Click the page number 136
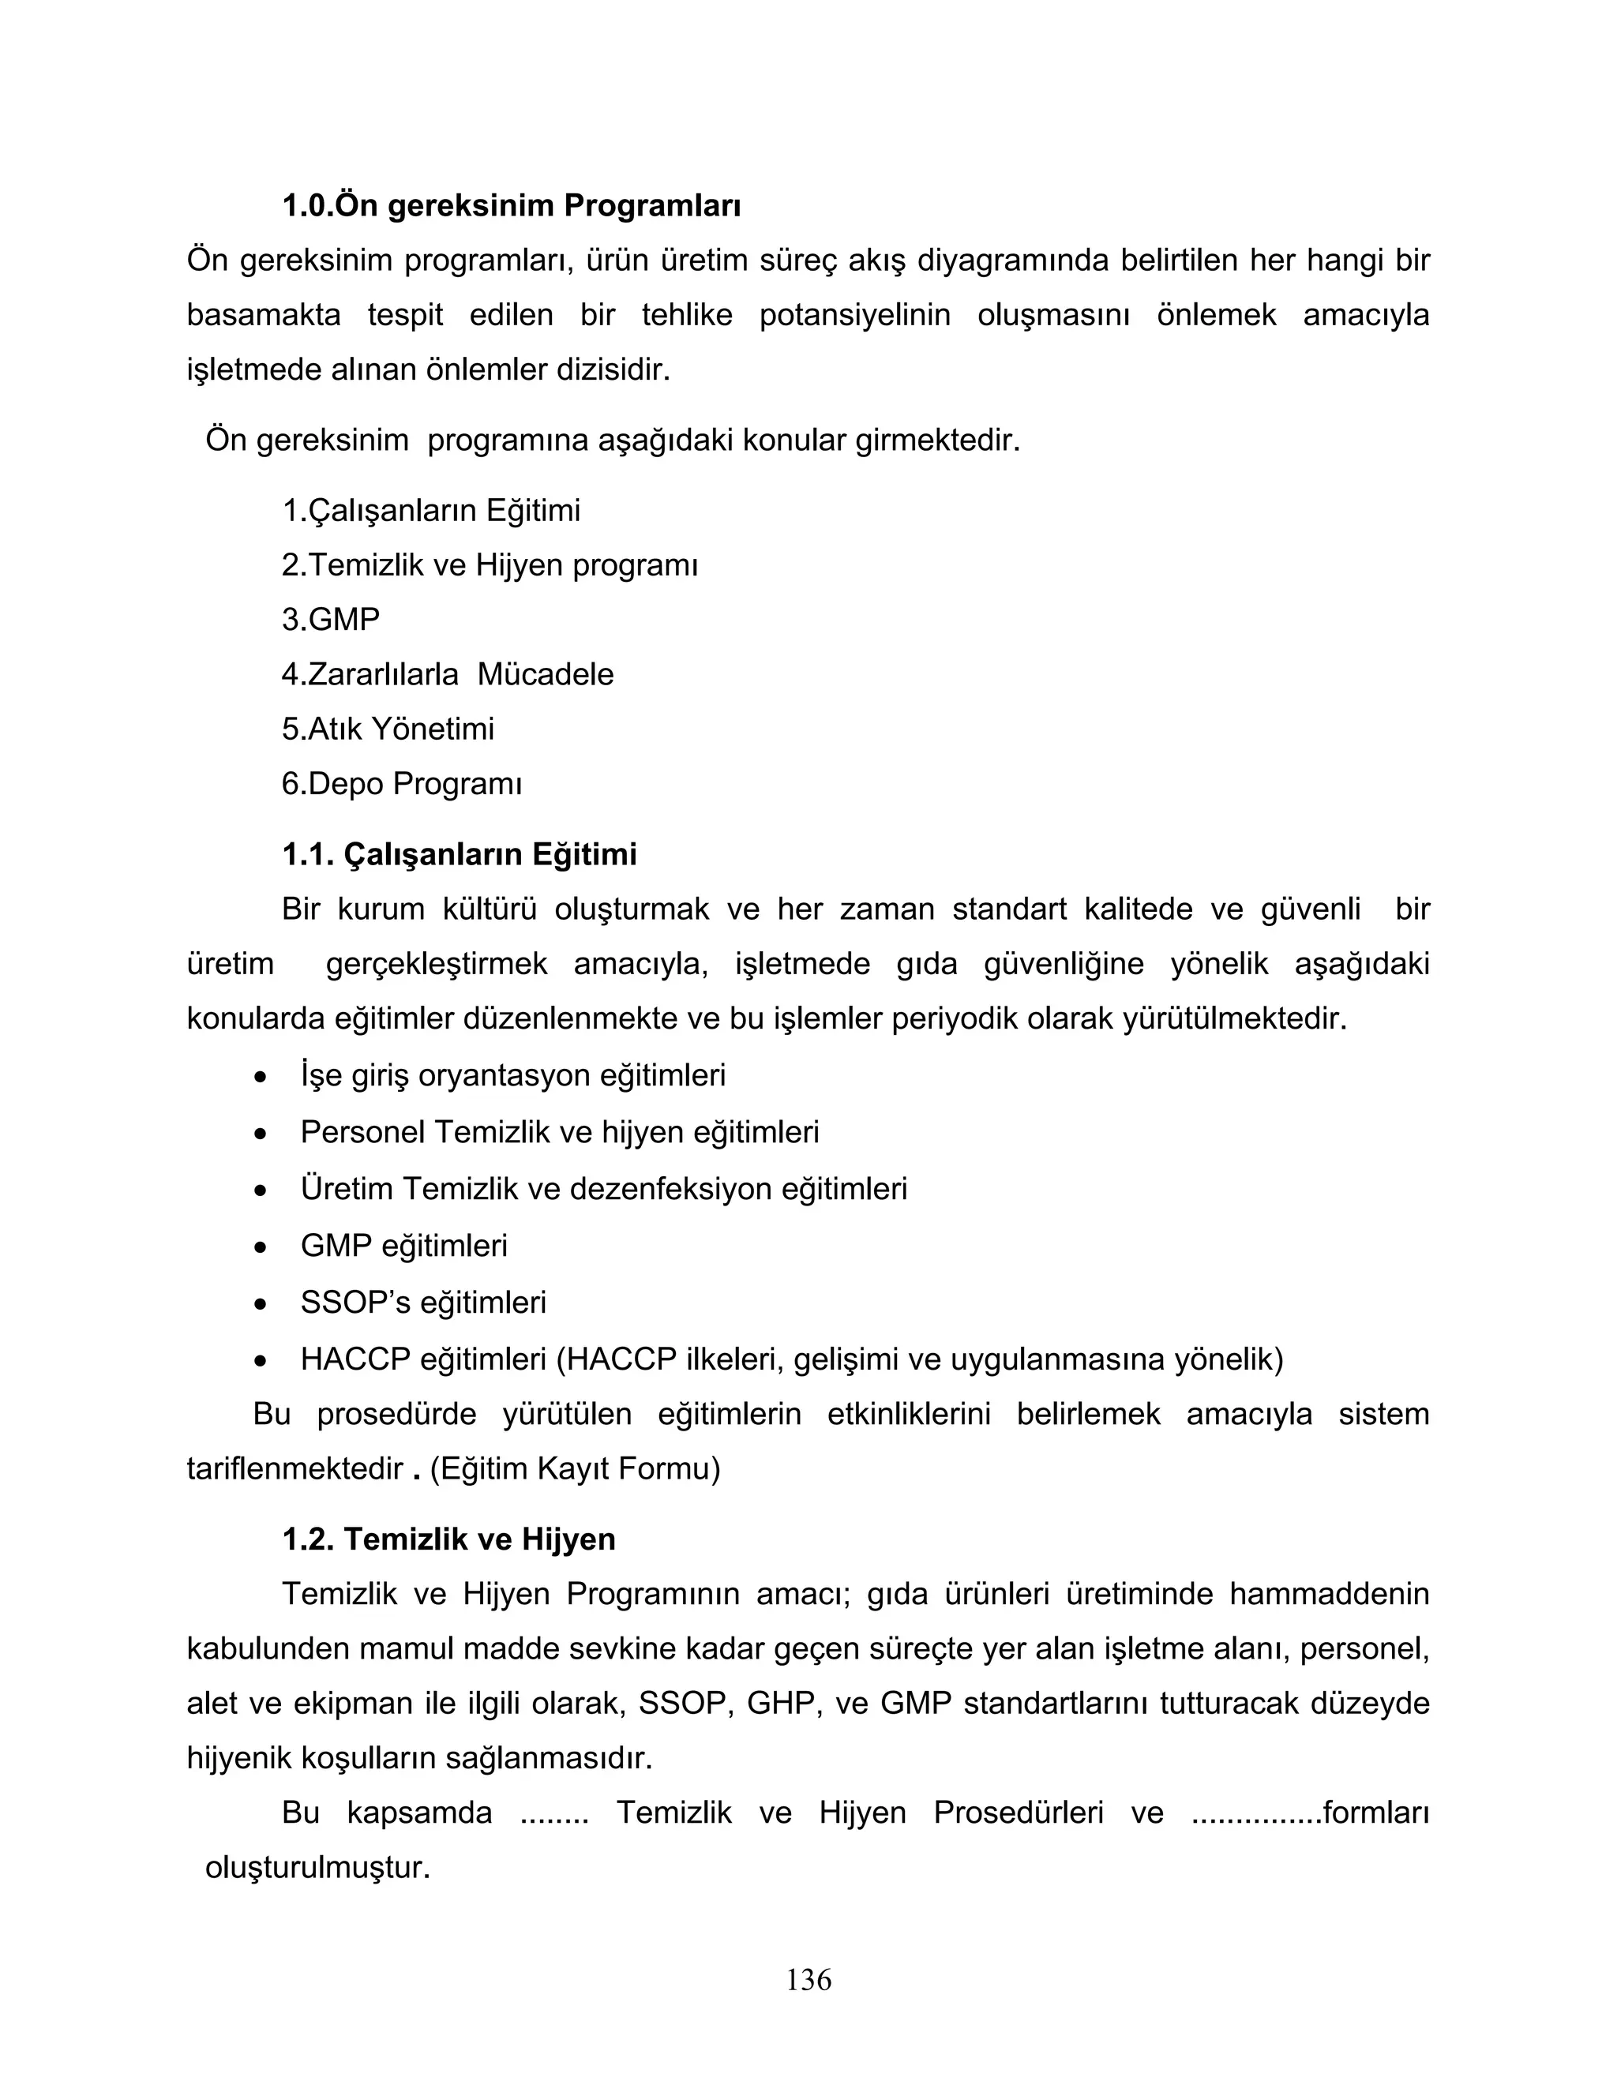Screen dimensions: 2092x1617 pos(808,1979)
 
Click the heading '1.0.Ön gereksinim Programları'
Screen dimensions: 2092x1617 pos(512,206)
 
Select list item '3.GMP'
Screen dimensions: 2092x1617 pos(331,620)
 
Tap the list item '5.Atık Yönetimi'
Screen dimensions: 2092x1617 pos(388,729)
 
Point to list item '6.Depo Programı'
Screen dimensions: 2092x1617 pos(401,785)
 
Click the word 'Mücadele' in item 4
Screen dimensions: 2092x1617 pos(545,674)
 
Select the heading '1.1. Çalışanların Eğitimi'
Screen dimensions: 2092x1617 pos(459,854)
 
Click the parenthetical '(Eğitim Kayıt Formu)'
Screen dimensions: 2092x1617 pos(575,1468)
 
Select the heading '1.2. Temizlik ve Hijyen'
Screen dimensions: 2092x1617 pos(448,1539)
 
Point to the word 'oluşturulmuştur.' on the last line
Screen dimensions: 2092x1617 pos(317,1868)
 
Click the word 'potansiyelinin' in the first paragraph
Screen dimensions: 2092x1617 pos(854,315)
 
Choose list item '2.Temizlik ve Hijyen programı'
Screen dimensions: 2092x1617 pos(490,565)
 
